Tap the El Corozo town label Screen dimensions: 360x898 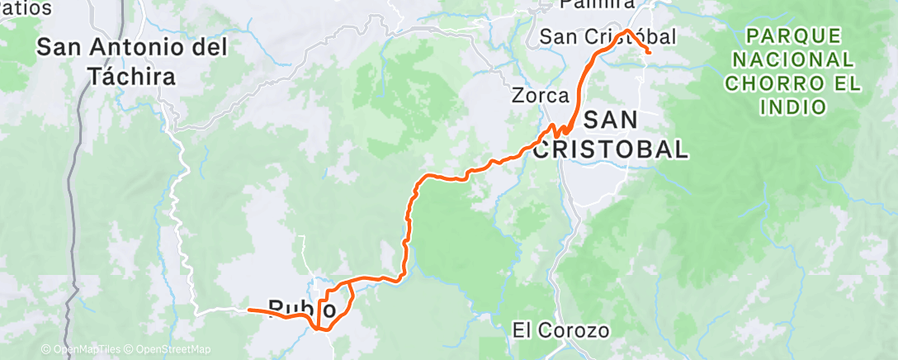560,331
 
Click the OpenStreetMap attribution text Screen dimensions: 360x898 173,349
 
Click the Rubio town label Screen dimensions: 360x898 302,310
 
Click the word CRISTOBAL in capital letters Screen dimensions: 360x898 611,149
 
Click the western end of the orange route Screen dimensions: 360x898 248,310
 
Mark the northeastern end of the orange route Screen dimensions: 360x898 650,53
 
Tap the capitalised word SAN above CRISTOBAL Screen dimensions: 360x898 611,120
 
